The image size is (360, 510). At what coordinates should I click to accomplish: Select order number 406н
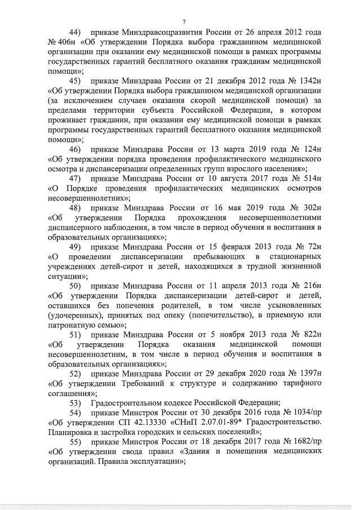pos(65,42)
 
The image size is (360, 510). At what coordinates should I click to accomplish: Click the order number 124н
pos(313,149)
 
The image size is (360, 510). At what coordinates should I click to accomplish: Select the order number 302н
pos(312,208)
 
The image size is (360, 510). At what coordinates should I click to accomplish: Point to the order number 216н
pos(313,287)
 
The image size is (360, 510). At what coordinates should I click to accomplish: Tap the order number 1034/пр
pos(305,414)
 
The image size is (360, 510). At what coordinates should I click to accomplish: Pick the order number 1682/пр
pos(305,443)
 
